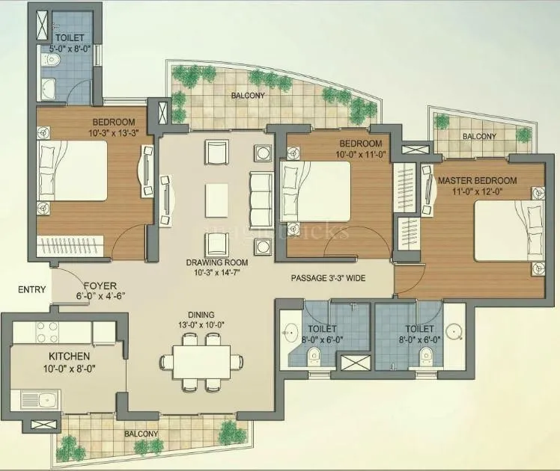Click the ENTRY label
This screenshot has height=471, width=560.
click(31, 290)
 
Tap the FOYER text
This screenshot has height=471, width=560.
click(100, 286)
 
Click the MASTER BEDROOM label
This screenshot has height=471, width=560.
click(477, 181)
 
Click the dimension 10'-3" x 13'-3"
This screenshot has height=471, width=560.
click(114, 133)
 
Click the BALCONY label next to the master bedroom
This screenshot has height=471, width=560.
click(478, 136)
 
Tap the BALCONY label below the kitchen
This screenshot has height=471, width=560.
click(141, 434)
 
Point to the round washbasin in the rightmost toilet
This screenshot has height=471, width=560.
click(453, 331)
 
